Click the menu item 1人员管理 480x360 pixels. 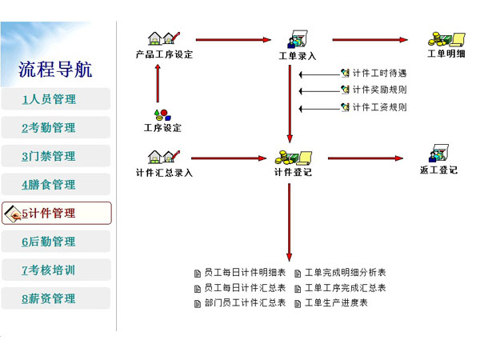pyautogui.click(x=56, y=99)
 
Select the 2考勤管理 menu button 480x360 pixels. pyautogui.click(x=56, y=127)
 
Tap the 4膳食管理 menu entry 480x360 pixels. pyautogui.click(x=56, y=184)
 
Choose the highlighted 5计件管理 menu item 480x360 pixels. pyautogui.click(x=57, y=213)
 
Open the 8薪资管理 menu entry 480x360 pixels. pyautogui.click(x=56, y=298)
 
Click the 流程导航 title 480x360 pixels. pyautogui.click(x=55, y=70)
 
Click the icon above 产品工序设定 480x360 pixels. pyautogui.click(x=164, y=38)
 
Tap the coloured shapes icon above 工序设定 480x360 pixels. pyautogui.click(x=162, y=115)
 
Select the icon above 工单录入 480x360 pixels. pyautogui.click(x=298, y=39)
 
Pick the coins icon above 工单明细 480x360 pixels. pyautogui.click(x=446, y=39)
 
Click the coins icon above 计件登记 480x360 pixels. pyautogui.click(x=294, y=158)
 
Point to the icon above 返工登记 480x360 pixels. pyautogui.click(x=438, y=153)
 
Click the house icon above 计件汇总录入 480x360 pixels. pyautogui.click(x=164, y=157)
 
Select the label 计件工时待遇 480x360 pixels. pyautogui.click(x=379, y=73)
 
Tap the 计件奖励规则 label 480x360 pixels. pyautogui.click(x=379, y=90)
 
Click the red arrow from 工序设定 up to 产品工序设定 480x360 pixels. pyautogui.click(x=158, y=83)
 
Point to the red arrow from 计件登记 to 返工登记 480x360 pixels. pyautogui.click(x=366, y=158)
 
